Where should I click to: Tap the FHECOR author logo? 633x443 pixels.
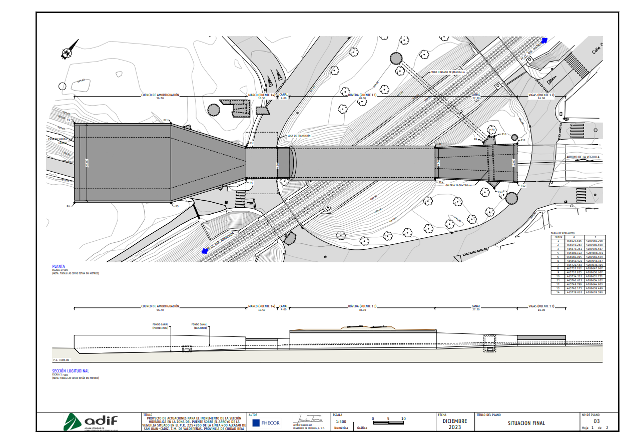pos(266,423)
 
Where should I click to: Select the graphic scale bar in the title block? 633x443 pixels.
pos(389,422)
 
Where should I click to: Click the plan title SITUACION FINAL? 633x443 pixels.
pos(526,423)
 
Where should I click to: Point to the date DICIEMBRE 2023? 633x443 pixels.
pos(455,424)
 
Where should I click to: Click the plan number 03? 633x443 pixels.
pos(596,421)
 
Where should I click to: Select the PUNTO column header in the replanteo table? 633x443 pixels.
pos(558,237)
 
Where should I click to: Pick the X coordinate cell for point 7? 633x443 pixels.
pos(574,265)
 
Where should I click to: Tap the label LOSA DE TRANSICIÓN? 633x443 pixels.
pos(299,136)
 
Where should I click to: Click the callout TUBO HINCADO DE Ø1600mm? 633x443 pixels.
pos(448,72)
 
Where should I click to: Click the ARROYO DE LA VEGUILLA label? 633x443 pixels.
pos(582,157)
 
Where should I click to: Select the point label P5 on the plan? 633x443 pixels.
pos(177,206)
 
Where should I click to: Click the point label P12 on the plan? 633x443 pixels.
pos(523,186)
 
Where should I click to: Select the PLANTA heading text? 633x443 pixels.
pos(59,267)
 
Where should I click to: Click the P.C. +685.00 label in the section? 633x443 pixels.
pos(61,360)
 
